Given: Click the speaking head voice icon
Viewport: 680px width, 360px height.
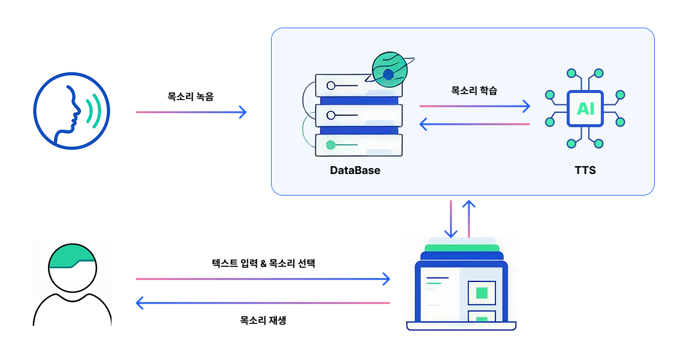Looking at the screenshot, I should [x=71, y=110].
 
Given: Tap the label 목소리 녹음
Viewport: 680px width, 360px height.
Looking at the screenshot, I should [x=190, y=95].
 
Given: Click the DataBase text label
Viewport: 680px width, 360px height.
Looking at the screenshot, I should [x=355, y=170].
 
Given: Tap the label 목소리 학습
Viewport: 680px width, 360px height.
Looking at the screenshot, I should [x=474, y=91].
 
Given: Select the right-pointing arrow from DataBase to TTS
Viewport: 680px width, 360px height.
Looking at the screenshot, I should [x=474, y=106].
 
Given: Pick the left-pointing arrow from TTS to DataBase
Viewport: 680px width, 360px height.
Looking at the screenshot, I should [x=474, y=124].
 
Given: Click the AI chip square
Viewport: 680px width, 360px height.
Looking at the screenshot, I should [x=585, y=109].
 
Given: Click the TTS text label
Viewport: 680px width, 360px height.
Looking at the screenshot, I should [x=585, y=170].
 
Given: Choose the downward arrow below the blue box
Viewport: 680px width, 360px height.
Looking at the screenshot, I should [x=450, y=219].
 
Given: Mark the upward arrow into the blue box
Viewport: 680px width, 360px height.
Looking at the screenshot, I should [x=469, y=219].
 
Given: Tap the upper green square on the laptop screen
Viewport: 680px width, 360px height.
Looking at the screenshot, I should [x=481, y=293].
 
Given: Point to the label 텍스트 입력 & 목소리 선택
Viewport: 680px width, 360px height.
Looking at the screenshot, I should [x=263, y=263].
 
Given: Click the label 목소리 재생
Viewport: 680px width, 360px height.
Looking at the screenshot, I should [x=263, y=320].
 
